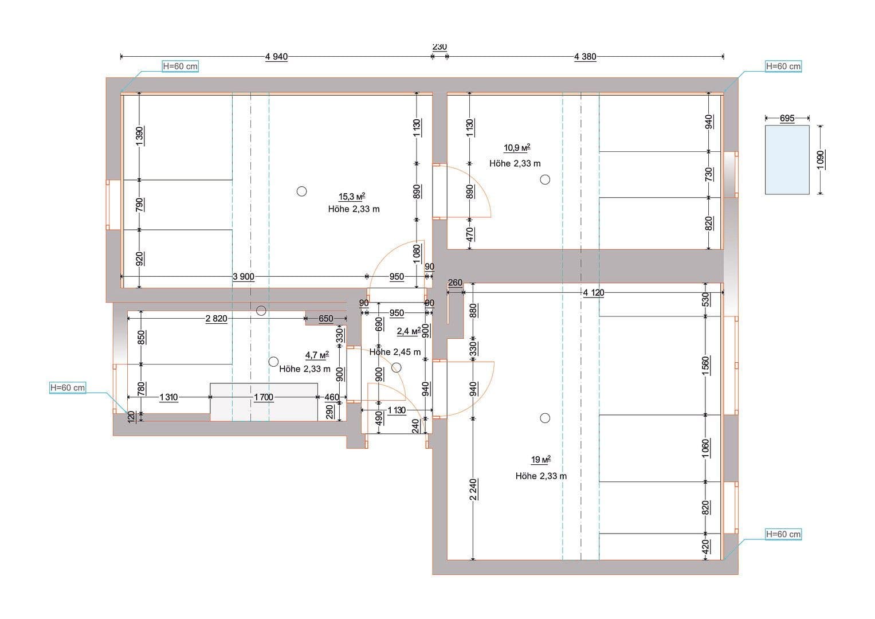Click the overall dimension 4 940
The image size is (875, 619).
pyautogui.click(x=276, y=57)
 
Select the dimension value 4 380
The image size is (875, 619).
pyautogui.click(x=584, y=57)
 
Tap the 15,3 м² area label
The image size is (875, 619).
pyautogui.click(x=352, y=197)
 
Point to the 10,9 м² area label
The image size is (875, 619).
pyautogui.click(x=516, y=148)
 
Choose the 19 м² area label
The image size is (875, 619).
pyautogui.click(x=540, y=460)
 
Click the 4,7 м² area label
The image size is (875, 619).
pyautogui.click(x=317, y=355)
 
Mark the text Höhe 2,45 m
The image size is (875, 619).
pyautogui.click(x=395, y=352)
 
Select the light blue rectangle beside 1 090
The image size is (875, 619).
pyautogui.click(x=787, y=160)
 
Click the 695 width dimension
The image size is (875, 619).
pyautogui.click(x=787, y=118)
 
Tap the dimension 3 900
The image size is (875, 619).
pyautogui.click(x=244, y=277)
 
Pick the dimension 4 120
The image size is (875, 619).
pyautogui.click(x=593, y=293)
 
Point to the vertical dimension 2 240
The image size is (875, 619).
pyautogui.click(x=473, y=489)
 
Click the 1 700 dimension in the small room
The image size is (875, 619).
pyautogui.click(x=263, y=397)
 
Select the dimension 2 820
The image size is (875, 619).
pyautogui.click(x=216, y=319)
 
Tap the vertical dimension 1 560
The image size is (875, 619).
pyautogui.click(x=705, y=365)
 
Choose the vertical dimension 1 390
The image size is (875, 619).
pyautogui.click(x=140, y=136)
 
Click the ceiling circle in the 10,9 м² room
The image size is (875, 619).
pyautogui.click(x=545, y=179)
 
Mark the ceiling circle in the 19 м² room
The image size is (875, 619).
pyautogui.click(x=545, y=418)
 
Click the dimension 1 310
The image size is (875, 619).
pyautogui.click(x=168, y=397)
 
